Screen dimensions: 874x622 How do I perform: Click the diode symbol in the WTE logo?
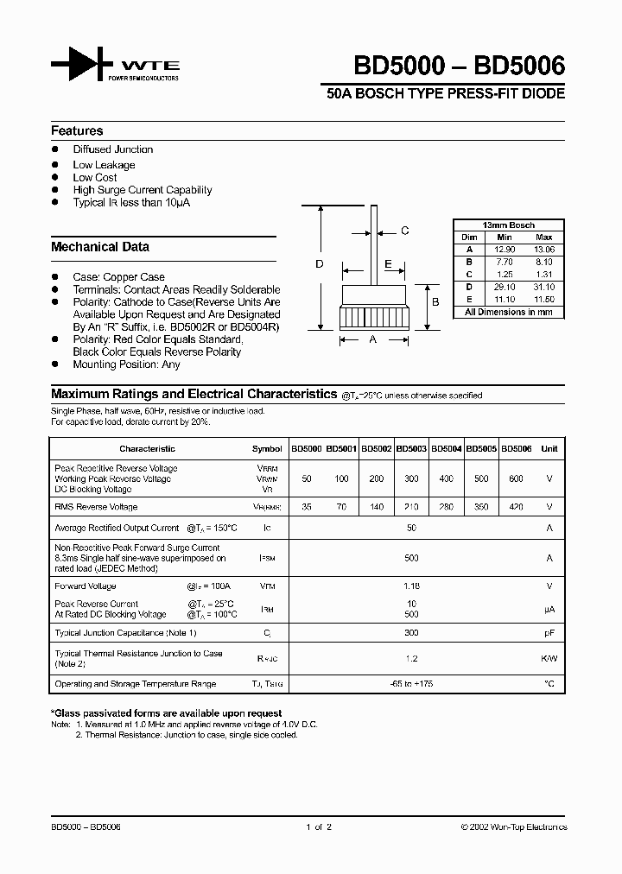[x=82, y=65]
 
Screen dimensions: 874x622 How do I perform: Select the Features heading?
[x=77, y=131]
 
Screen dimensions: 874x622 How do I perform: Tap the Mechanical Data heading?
[x=100, y=247]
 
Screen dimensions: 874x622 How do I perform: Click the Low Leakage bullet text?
[x=104, y=165]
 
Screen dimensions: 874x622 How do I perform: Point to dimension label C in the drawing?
[x=404, y=231]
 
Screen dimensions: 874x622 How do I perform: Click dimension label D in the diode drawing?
[x=320, y=264]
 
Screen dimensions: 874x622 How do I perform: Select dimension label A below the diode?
[x=373, y=340]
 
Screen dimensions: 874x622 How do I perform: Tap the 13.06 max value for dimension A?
[x=544, y=249]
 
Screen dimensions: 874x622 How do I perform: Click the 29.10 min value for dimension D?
[x=505, y=286]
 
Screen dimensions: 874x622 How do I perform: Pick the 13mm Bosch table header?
[x=509, y=225]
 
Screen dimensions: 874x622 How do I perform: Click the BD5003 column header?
[x=411, y=449]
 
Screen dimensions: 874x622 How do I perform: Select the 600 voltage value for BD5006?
[x=517, y=478]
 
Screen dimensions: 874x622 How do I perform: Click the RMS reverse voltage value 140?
[x=377, y=507]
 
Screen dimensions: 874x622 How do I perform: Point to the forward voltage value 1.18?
[x=412, y=586]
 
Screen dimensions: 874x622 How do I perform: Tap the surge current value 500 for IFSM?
[x=412, y=558]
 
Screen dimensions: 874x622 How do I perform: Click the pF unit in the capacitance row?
[x=549, y=633]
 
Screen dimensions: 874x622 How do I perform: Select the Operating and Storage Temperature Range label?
[x=136, y=684]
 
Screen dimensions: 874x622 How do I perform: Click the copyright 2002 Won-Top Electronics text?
[x=514, y=827]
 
